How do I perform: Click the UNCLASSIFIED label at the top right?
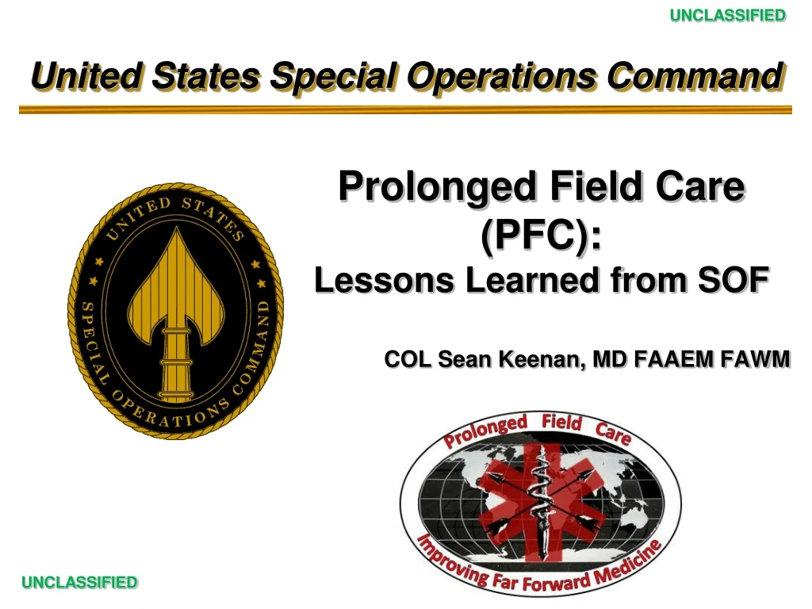click(x=727, y=15)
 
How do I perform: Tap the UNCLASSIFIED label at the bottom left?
click(x=79, y=583)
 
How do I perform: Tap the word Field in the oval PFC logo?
click(x=562, y=423)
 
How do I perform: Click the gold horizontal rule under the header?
click(x=405, y=110)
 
